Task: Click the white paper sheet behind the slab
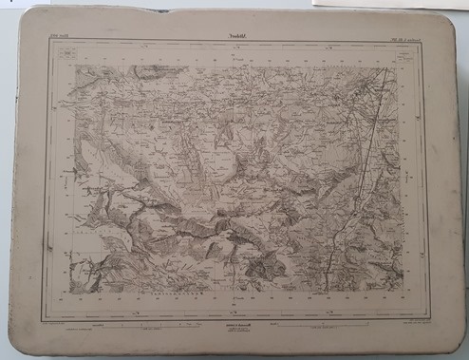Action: [399, 5]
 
